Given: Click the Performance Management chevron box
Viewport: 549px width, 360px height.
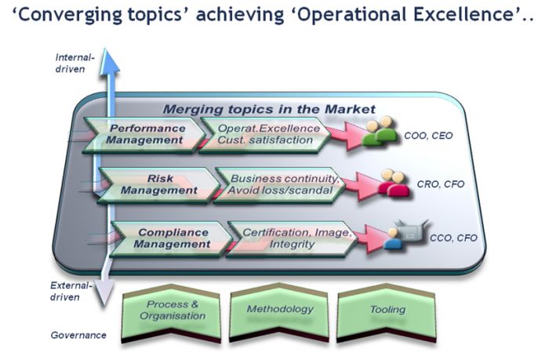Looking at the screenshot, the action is tap(144, 135).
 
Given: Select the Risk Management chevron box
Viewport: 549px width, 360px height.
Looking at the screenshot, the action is tap(158, 185).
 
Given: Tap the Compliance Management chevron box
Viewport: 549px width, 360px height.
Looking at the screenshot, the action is tap(172, 239).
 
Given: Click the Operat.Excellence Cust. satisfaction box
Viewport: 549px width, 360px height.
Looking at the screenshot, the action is tap(265, 135).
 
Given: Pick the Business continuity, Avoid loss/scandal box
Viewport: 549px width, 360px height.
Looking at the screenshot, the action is tap(279, 185).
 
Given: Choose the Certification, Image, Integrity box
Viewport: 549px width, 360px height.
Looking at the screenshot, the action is tap(293, 239).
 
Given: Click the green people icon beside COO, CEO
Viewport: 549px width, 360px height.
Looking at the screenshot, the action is tap(380, 132).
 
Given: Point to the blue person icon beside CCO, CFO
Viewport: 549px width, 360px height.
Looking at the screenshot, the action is tap(393, 239).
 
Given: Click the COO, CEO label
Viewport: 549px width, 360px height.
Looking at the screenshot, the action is tap(428, 136).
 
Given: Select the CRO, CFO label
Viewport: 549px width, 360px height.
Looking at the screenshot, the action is tap(441, 184).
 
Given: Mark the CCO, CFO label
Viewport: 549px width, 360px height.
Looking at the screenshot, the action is tap(453, 238).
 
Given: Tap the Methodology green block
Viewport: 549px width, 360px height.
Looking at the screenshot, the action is tap(279, 312).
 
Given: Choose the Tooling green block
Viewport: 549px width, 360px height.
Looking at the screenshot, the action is tap(387, 312).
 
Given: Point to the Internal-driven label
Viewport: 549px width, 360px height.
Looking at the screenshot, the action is tap(75, 64).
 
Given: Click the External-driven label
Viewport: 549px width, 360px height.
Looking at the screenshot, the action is tap(71, 291).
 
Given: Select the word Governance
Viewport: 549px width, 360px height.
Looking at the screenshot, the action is tap(78, 335).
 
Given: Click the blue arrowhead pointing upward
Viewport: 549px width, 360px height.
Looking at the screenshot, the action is tap(110, 62).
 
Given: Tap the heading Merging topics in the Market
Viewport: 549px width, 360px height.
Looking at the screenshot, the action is tap(269, 109).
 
